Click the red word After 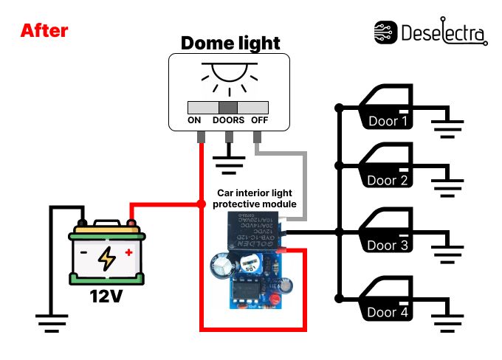[x=44, y=31]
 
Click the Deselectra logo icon [x=385, y=32]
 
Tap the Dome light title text [x=230, y=43]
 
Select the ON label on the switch [x=195, y=120]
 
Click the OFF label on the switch [x=259, y=120]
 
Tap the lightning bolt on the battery [x=108, y=258]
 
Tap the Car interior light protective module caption [x=254, y=198]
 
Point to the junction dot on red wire [x=201, y=203]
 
